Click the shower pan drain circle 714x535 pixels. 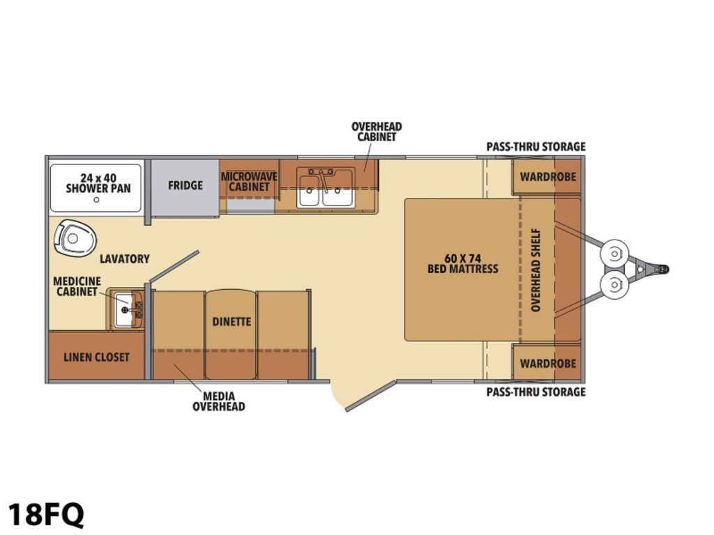96,200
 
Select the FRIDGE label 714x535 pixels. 185,185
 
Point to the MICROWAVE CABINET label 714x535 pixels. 249,182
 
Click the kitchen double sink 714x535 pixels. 326,187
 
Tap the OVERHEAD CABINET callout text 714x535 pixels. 377,132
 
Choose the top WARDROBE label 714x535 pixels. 548,176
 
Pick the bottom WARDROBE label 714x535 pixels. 548,363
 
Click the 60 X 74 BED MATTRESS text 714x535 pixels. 463,264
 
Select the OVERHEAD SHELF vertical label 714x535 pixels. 535,270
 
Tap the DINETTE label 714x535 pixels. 231,322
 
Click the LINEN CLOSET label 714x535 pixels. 96,357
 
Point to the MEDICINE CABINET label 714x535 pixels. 77,286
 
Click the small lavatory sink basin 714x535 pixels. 124,310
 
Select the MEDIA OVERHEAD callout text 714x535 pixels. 218,401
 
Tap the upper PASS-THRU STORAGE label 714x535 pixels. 536,146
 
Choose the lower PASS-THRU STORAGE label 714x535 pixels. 536,391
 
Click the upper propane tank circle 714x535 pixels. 615,253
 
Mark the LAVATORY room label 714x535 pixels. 125,259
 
